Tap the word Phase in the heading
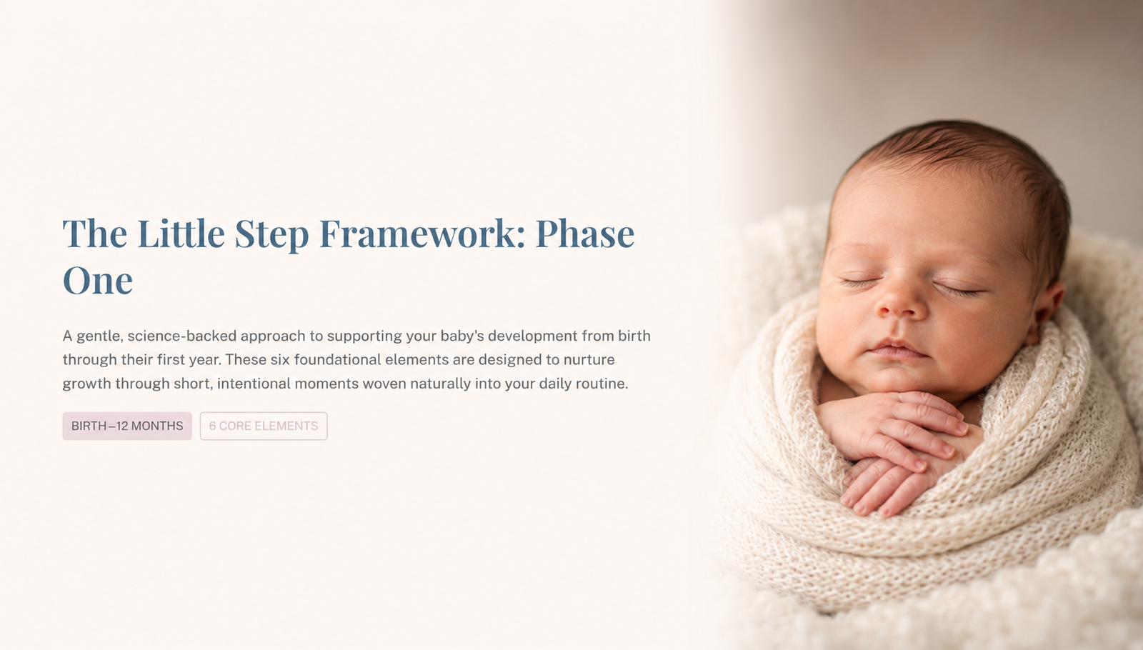(x=585, y=234)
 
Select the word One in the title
(x=97, y=280)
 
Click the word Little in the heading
(x=181, y=234)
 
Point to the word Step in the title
(x=271, y=236)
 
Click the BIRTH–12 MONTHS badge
(x=127, y=426)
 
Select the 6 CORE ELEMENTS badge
(x=264, y=426)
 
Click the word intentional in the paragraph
(x=254, y=384)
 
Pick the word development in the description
(x=533, y=337)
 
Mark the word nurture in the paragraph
(x=589, y=360)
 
